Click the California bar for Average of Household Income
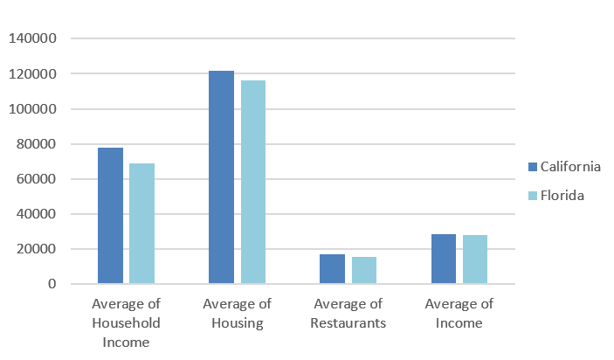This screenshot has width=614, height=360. point(110,216)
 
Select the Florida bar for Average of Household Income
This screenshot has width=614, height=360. point(141,224)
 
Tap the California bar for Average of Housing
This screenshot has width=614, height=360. point(221,177)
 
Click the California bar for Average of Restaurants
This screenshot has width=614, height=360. point(332,269)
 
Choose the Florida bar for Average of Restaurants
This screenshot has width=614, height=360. point(364,270)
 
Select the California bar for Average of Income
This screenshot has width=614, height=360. point(443,259)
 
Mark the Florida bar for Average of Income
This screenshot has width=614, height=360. point(475,260)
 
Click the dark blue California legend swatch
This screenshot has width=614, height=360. point(532,167)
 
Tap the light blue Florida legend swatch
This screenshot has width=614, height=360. point(532,196)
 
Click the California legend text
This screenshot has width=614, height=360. point(570,167)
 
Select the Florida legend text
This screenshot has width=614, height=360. point(562,196)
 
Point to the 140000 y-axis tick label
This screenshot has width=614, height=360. point(32,39)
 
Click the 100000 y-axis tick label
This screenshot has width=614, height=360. point(32,109)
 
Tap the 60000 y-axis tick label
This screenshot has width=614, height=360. point(36,179)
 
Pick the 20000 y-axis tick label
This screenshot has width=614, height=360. point(36,249)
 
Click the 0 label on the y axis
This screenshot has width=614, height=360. point(52,284)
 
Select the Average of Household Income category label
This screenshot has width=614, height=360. point(126,322)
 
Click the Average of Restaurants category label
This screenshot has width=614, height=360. point(348,313)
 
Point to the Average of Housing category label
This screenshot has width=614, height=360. point(237,313)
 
